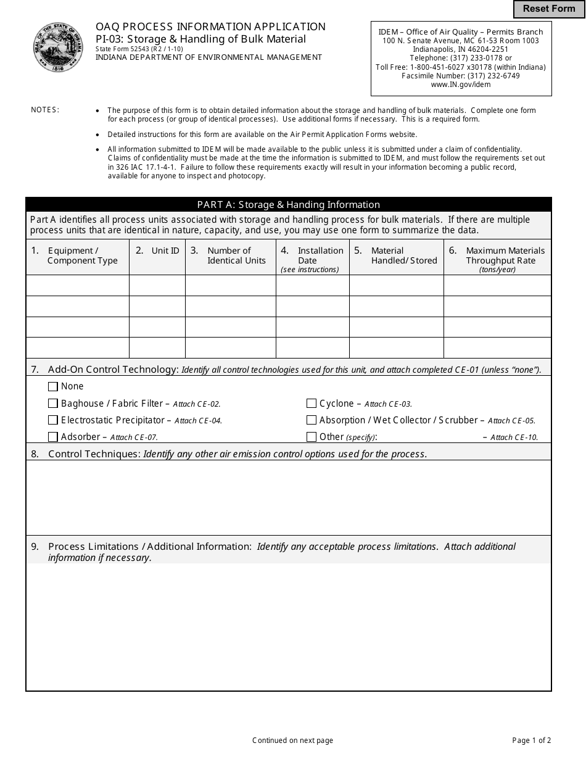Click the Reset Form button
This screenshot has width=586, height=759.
pos(549,9)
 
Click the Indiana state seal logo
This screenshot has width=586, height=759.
pos(59,47)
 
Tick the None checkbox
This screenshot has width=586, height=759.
pos(53,386)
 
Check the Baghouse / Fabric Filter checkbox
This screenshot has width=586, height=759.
pos(53,404)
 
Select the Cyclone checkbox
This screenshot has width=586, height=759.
pos(312,404)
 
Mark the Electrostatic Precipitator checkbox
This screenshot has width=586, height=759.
pos(53,420)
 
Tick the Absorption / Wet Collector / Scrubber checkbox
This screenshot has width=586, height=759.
pos(312,420)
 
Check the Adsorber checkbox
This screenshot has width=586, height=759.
pos(53,437)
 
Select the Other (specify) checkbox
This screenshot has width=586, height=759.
pos(312,437)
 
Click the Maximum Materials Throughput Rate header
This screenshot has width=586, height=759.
pos(498,256)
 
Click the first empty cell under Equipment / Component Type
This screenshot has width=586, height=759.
pos(77,286)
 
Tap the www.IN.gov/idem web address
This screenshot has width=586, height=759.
pos(461,85)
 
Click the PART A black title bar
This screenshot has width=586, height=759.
pos(288,205)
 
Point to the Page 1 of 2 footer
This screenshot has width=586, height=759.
pos(531,740)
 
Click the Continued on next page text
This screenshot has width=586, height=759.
pos(292,740)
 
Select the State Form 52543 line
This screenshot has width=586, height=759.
pos(139,49)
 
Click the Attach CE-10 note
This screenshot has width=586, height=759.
pos(514,438)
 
